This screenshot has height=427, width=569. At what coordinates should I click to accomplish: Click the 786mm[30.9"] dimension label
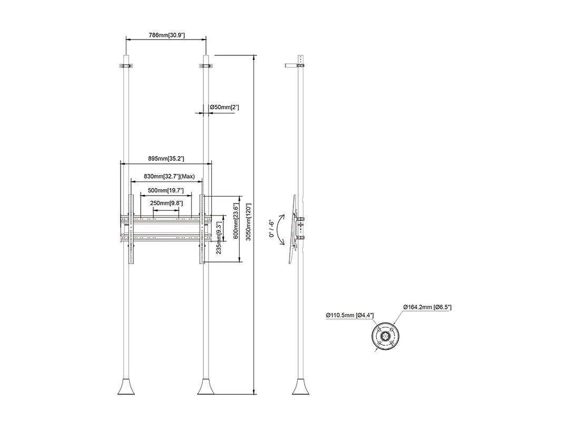[x=166, y=35]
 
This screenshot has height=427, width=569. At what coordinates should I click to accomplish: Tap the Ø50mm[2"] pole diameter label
[x=224, y=107]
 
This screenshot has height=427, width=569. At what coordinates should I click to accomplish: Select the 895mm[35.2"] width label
[x=166, y=158]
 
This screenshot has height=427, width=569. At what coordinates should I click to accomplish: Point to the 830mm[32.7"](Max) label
[x=169, y=176]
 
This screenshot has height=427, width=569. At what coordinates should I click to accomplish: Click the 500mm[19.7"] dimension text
[x=165, y=190]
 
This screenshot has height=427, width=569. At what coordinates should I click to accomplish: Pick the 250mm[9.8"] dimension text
[x=166, y=203]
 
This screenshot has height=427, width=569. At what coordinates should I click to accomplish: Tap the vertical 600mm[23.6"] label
[x=236, y=221]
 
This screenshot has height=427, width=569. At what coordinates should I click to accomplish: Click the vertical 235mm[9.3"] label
[x=219, y=238]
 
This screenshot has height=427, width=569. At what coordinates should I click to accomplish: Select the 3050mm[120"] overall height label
[x=249, y=222]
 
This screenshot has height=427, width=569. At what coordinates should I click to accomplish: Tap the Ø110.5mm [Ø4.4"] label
[x=349, y=315]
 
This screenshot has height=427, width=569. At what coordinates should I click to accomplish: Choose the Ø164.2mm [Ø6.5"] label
[x=427, y=307]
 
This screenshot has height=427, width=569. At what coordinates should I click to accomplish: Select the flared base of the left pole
[x=126, y=386]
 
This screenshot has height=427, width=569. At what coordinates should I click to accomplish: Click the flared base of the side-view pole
[x=301, y=386]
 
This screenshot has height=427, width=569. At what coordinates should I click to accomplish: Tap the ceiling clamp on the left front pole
[x=126, y=66]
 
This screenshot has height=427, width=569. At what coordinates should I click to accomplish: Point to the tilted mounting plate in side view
[x=292, y=229]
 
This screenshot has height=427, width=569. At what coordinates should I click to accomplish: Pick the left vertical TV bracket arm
[x=131, y=229]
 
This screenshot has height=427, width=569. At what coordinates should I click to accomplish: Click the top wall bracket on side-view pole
[x=295, y=66]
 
